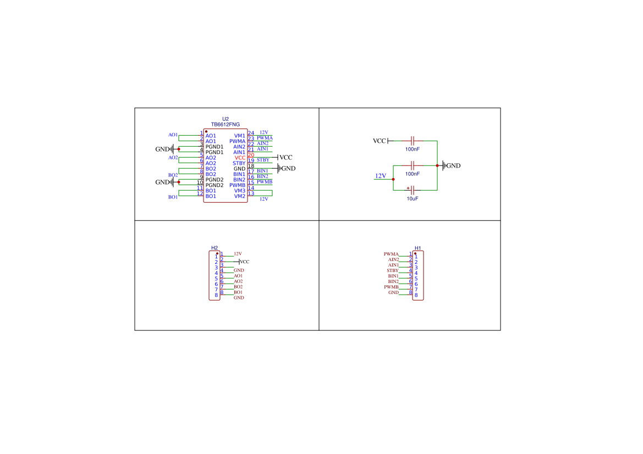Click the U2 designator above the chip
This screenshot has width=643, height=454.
[x=226, y=119]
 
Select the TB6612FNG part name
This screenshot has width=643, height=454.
[x=226, y=125]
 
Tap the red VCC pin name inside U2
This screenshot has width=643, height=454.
[x=240, y=158]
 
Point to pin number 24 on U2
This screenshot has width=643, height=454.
[x=251, y=133]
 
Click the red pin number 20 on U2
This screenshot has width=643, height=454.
[x=251, y=156]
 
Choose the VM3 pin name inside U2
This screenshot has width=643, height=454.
[x=240, y=191]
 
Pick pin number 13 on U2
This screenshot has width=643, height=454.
[x=251, y=193]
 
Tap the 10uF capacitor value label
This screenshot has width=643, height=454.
[x=413, y=199]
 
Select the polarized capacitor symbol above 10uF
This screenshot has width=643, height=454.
[x=412, y=190]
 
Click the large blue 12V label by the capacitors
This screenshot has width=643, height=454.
[x=381, y=176]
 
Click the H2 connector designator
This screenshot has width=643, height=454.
[x=215, y=248]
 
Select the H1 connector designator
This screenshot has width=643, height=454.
[x=418, y=248]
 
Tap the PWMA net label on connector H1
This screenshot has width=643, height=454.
[x=391, y=254]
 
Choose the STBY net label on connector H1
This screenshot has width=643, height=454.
[x=392, y=270]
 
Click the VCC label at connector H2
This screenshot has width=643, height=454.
[x=244, y=262]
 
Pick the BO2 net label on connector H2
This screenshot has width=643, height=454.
[x=238, y=287]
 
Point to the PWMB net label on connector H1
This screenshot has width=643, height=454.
[x=391, y=287]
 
